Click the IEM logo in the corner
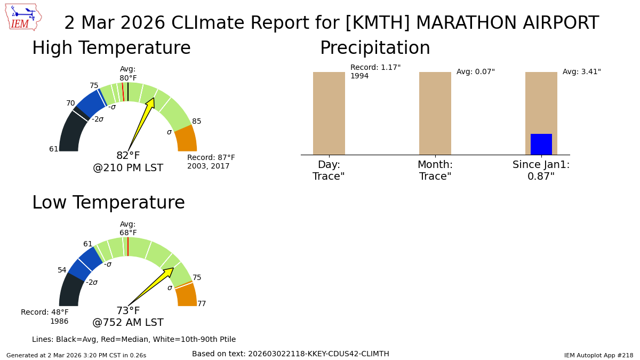pos(23,17)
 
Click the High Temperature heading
pos(111,49)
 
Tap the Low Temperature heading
pos(108,203)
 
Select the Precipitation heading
pos(375,49)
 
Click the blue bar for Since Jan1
pos(541,144)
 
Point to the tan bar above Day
pos(329,113)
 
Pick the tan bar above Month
pos(435,113)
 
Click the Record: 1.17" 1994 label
pos(375,71)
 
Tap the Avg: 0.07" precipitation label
pos(475,72)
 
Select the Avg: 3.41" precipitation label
pos(581,72)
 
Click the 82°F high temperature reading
pos(128,156)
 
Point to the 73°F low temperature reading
pos(128,311)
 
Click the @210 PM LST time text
pos(128,168)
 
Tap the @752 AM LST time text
pos(128,323)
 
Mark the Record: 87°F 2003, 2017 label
pos(211,162)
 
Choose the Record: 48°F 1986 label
pos(45,317)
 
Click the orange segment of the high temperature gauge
pos(187,139)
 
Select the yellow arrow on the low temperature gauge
pos(155,284)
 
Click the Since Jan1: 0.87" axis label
pos(541,171)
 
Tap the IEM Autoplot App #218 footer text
pos(598,355)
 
